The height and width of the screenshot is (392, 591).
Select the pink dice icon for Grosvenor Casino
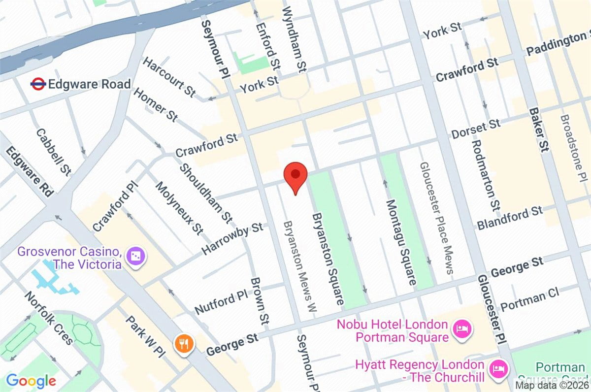pyautogui.click(x=134, y=256)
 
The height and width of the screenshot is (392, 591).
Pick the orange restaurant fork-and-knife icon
pyautogui.click(x=184, y=343)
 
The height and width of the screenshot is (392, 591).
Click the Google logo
pyautogui.click(x=31, y=380)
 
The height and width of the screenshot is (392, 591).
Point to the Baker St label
pyautogui.click(x=538, y=130)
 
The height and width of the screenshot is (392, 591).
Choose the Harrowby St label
pyautogui.click(x=232, y=239)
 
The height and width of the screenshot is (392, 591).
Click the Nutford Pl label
pyautogui.click(x=221, y=303)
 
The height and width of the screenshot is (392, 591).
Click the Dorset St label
pyautogui.click(x=476, y=129)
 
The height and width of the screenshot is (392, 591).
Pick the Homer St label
pyautogui.click(x=155, y=105)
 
